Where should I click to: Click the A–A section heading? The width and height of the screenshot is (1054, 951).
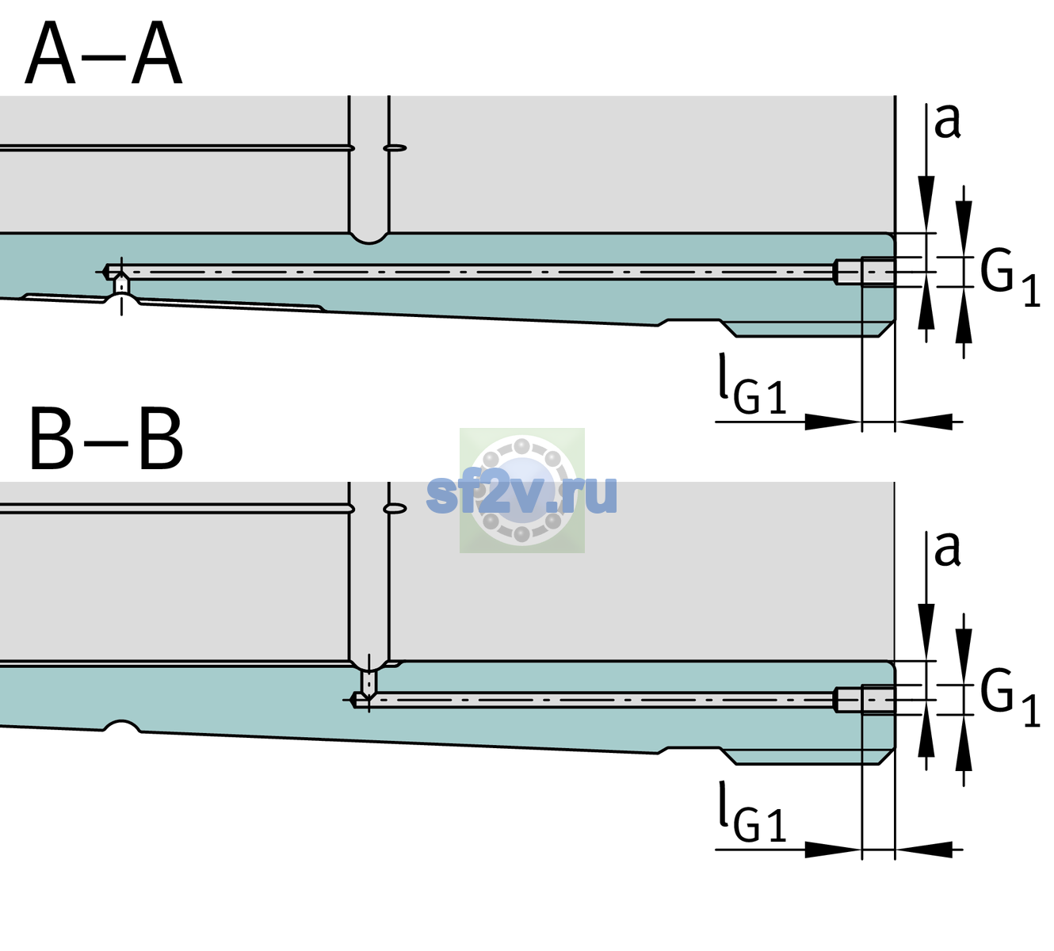pyautogui.click(x=104, y=53)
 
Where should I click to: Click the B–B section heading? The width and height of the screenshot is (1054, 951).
pyautogui.click(x=107, y=439)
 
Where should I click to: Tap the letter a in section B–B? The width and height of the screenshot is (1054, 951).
pyautogui.click(x=948, y=550)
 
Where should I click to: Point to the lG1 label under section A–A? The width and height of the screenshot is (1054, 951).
pyautogui.click(x=752, y=385)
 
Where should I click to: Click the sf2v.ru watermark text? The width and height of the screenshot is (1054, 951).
pyautogui.click(x=521, y=494)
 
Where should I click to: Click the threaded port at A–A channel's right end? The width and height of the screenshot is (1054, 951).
pyautogui.click(x=865, y=272)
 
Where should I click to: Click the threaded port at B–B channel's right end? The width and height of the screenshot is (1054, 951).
pyautogui.click(x=865, y=700)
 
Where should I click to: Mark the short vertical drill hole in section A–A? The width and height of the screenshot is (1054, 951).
pyautogui.click(x=121, y=285)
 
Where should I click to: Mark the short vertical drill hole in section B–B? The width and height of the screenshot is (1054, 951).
pyautogui.click(x=369, y=682)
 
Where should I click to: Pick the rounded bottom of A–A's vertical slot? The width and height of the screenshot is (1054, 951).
pyautogui.click(x=369, y=239)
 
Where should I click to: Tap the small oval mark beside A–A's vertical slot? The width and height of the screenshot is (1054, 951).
pyautogui.click(x=395, y=148)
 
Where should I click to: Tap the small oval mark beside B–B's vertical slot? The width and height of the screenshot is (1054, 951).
pyautogui.click(x=395, y=509)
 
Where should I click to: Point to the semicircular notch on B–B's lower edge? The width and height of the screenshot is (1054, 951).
pyautogui.click(x=122, y=726)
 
